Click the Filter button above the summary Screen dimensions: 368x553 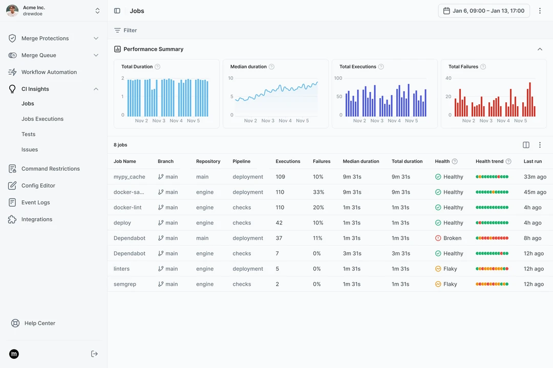pyautogui.click(x=125, y=30)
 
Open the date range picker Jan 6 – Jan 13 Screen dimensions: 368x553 pyautogui.click(x=483, y=11)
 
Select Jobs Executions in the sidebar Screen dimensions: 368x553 pyautogui.click(x=42, y=119)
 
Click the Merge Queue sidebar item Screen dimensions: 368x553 pyautogui.click(x=39, y=55)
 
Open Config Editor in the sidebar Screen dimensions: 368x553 pyautogui.click(x=38, y=186)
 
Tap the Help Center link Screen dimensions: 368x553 pyautogui.click(x=39, y=323)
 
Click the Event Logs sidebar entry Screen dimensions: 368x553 pyautogui.click(x=36, y=202)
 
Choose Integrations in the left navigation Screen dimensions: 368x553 pyautogui.click(x=37, y=219)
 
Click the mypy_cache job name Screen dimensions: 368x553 pyautogui.click(x=129, y=177)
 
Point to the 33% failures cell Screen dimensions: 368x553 pyautogui.click(x=318, y=192)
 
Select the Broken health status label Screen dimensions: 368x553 pyautogui.click(x=452, y=238)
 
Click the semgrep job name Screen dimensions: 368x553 pyautogui.click(x=125, y=284)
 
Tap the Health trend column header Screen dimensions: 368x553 pyautogui.click(x=490, y=162)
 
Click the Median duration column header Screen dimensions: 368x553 pyautogui.click(x=361, y=162)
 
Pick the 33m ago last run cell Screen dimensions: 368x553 pyautogui.click(x=535, y=177)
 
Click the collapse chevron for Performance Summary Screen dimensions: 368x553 pyautogui.click(x=540, y=49)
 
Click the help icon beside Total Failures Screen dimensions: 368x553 pyautogui.click(x=483, y=66)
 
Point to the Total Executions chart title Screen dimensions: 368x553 pyautogui.click(x=357, y=66)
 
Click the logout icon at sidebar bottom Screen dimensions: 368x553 pyautogui.click(x=94, y=354)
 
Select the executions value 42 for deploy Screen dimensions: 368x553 pyautogui.click(x=279, y=223)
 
